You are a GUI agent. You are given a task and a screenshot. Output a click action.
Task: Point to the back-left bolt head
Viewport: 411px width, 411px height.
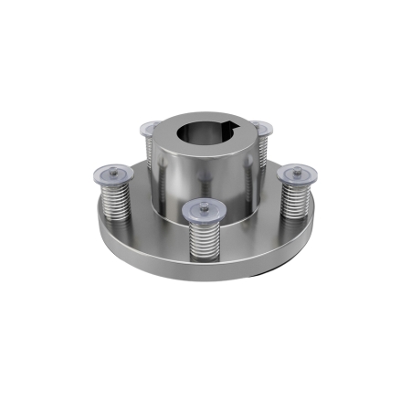tap(153, 127)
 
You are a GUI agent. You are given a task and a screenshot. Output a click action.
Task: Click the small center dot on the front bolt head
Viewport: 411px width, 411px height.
tap(202, 209)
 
